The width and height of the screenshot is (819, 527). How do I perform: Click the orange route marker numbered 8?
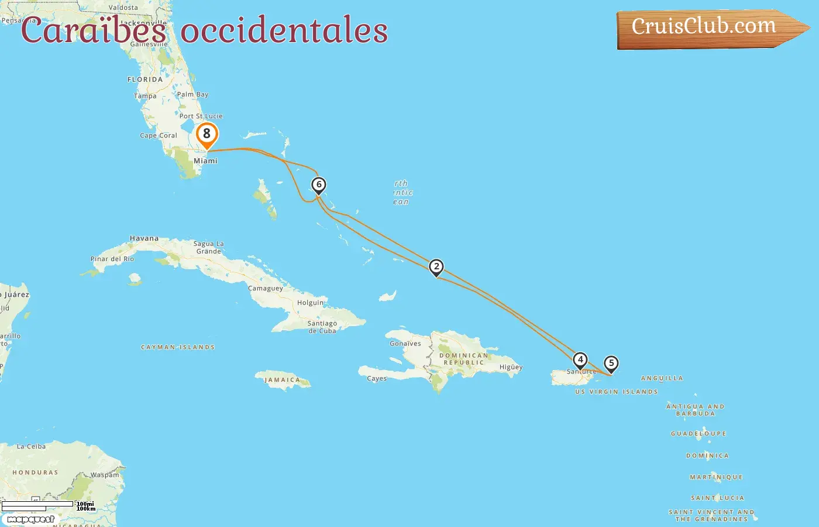(207, 135)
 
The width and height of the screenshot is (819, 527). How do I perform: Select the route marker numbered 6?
(319, 185)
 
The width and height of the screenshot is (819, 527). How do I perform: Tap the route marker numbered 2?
(436, 267)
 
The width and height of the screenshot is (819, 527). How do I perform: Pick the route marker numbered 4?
(580, 360)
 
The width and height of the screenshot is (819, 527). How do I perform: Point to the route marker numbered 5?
(611, 364)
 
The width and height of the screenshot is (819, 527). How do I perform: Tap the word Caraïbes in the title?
(94, 31)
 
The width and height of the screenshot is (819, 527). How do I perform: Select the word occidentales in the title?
(284, 31)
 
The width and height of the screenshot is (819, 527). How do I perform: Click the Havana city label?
(144, 238)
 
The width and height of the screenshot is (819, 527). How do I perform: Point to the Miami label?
(205, 160)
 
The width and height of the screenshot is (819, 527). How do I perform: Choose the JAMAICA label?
(282, 380)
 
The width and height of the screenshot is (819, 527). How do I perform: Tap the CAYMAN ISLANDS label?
(178, 347)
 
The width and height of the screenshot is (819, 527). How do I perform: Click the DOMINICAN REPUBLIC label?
(463, 359)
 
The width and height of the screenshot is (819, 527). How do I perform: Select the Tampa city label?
(145, 96)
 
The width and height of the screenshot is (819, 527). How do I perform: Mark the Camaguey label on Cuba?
(266, 288)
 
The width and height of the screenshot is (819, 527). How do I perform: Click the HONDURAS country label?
(35, 473)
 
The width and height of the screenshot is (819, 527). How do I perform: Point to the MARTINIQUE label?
(716, 477)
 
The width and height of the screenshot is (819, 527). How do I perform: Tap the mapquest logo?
(30, 519)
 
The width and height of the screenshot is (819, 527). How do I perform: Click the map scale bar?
(38, 505)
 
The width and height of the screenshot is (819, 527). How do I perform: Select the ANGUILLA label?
(662, 378)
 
